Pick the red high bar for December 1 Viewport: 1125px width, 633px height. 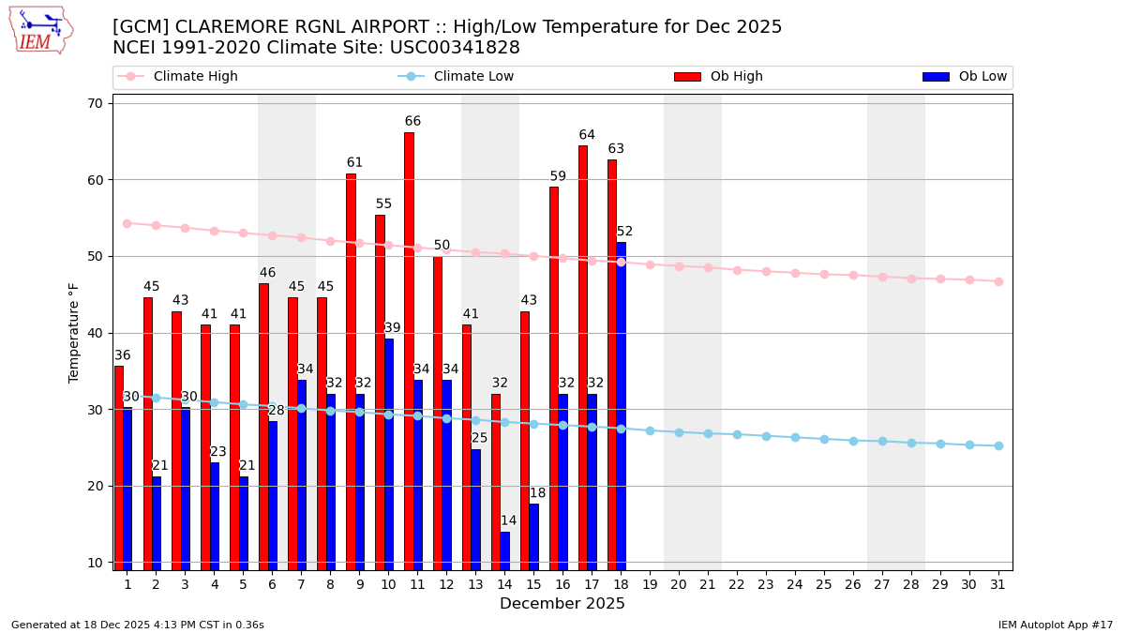pos(119,467)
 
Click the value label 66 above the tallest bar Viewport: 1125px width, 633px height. pos(412,122)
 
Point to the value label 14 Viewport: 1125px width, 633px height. pos(508,521)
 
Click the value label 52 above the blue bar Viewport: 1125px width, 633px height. pos(624,232)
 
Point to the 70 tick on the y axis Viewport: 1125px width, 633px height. pos(95,103)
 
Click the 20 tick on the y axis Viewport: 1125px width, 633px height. pos(95,486)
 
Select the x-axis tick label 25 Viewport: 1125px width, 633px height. pos(824,584)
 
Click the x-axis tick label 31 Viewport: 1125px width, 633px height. pos(998,584)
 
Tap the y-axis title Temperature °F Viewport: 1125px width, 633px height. pos(74,332)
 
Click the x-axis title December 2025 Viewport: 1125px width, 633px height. pos(562,604)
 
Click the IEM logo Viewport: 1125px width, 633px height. pos(41,31)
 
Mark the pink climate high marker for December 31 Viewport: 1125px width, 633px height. pos(998,281)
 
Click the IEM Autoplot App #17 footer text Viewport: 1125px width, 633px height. pos(1055,625)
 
